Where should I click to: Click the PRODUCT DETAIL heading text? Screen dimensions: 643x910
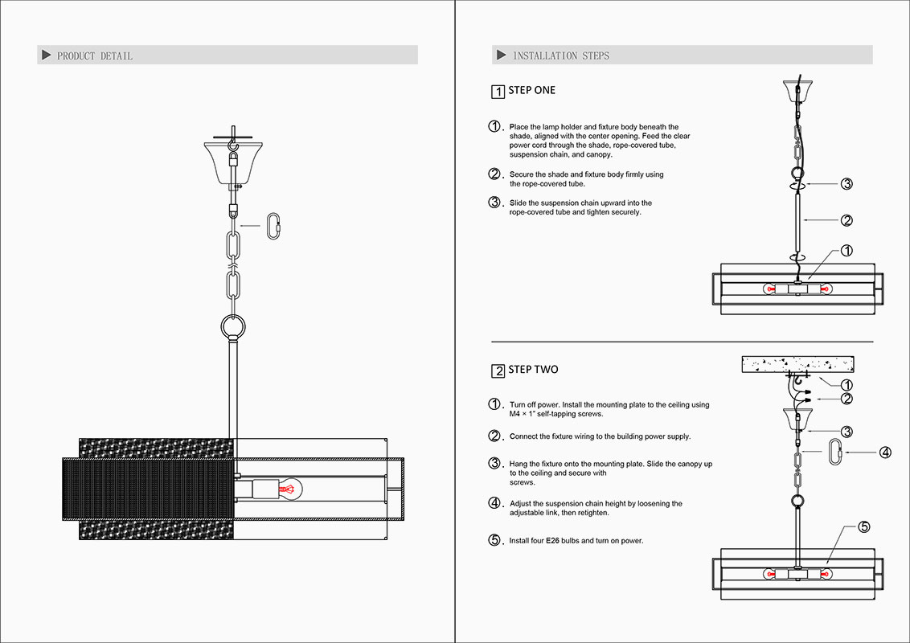(94, 55)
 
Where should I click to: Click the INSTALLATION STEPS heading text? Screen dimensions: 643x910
(560, 55)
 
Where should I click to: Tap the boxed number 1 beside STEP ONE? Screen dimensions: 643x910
(498, 92)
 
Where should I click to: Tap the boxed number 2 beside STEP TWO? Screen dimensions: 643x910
(498, 371)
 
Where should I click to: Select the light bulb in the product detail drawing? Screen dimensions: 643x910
(288, 487)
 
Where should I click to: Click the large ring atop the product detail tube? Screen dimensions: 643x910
(232, 327)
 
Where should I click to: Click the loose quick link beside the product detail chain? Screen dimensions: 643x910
(275, 226)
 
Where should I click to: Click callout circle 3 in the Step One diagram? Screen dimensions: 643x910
(846, 184)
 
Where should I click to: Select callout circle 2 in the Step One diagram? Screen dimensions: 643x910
(846, 220)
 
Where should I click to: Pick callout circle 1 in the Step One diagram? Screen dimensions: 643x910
(846, 252)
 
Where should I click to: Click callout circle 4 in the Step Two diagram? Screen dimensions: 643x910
(885, 453)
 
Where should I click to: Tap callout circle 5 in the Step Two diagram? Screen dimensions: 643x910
(863, 527)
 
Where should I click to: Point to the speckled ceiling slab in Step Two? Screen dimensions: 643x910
(797, 365)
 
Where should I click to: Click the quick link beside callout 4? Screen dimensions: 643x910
(836, 452)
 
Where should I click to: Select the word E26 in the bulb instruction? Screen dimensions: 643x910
(552, 541)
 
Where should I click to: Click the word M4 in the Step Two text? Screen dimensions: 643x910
(515, 415)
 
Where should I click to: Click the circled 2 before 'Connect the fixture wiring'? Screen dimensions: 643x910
(495, 436)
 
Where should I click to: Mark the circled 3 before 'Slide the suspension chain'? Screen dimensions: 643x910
(495, 203)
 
